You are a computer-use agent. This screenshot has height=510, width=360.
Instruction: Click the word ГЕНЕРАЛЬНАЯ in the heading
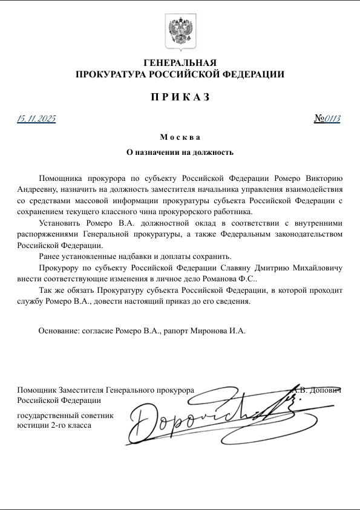point(180,63)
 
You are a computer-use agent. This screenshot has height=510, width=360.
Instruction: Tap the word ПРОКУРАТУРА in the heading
point(108,74)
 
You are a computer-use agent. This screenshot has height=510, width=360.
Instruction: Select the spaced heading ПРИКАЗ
point(180,97)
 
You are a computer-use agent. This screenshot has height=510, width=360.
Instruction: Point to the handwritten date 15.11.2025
point(36,118)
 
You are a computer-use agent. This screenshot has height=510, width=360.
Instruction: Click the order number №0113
point(327,118)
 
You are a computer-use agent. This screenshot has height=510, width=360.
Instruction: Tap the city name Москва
point(180,137)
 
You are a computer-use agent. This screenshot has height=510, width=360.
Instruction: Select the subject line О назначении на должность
point(180,152)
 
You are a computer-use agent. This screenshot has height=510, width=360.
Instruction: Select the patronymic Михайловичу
point(314,267)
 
